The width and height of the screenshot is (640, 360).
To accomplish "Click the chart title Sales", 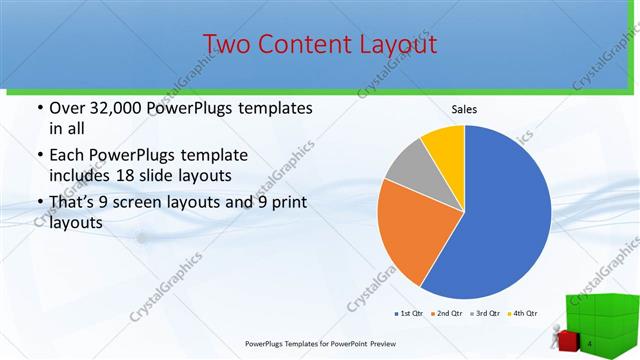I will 464,108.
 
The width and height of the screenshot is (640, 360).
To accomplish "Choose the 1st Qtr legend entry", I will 411,313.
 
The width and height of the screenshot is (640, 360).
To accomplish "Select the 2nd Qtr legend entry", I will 446,313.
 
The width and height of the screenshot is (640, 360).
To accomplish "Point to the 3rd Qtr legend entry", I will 485,313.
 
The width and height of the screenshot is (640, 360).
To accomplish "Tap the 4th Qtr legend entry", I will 523,313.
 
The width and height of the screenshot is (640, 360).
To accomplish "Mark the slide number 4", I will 591,345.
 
